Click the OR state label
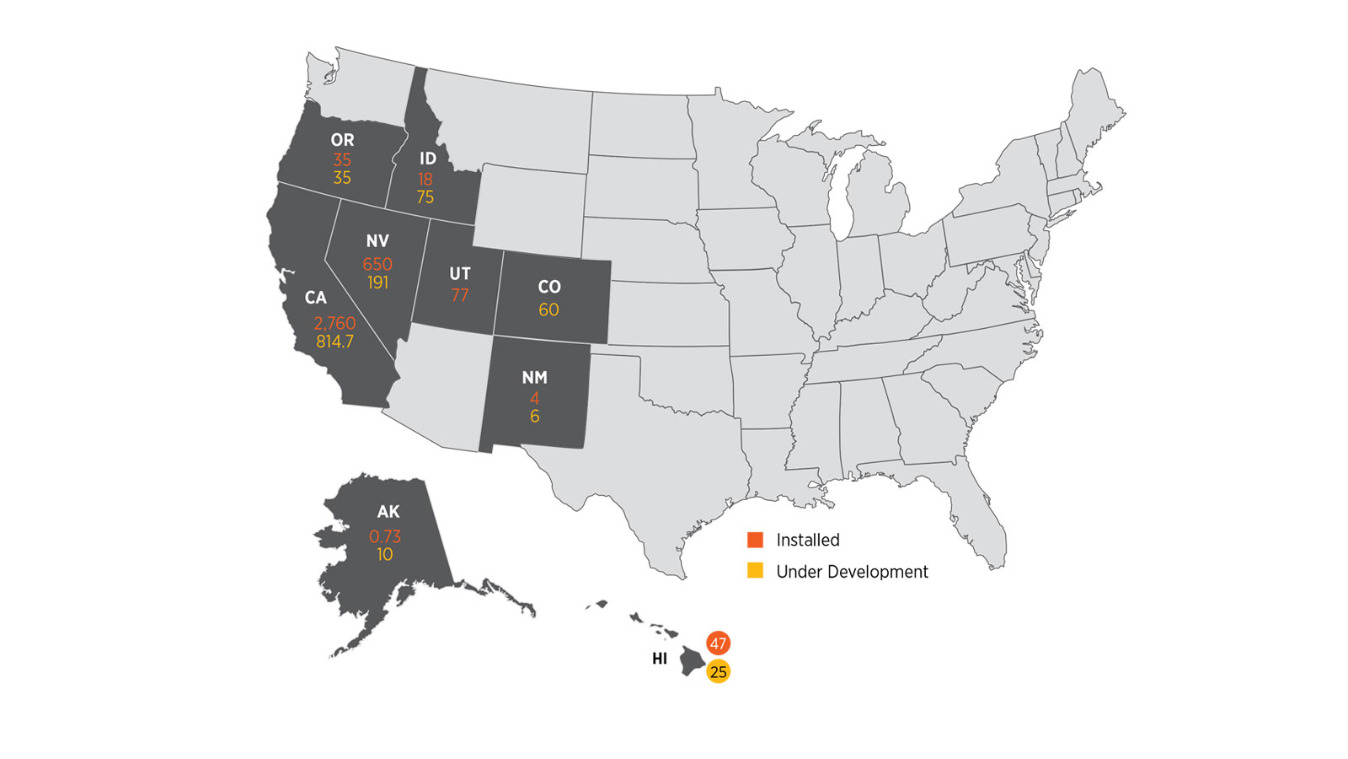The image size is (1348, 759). point(342,140)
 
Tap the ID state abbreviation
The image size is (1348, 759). point(428,159)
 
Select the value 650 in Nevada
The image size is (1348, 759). point(377,264)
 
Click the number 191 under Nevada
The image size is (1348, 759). point(377,283)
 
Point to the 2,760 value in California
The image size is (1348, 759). point(334,323)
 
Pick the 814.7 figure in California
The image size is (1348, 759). point(334,342)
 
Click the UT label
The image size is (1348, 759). point(460,274)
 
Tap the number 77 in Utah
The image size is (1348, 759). point(460,295)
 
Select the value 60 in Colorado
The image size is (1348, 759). point(548,310)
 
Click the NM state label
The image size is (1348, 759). point(534,378)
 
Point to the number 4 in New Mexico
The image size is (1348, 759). point(534,397)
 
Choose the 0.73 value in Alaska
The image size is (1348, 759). point(385,536)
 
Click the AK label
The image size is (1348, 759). point(388,512)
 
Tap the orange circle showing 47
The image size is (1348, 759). point(718,643)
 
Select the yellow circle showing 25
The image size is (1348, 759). point(718,671)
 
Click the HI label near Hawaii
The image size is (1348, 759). point(660,659)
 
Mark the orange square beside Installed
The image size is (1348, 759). point(756,540)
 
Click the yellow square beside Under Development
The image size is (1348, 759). point(756,571)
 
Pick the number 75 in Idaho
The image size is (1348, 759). point(425,197)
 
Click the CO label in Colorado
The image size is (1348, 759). point(549,287)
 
